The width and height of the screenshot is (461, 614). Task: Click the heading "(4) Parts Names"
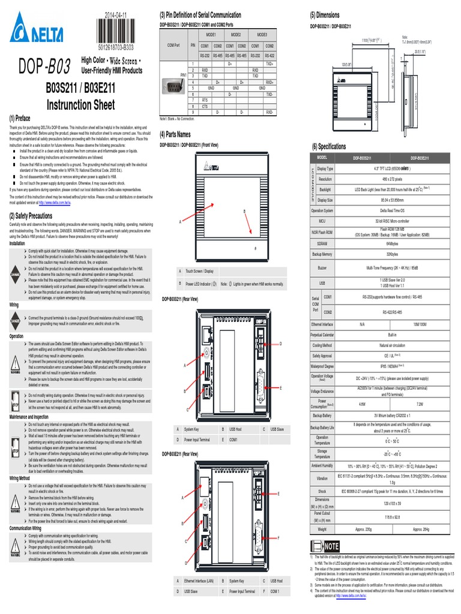(x=175, y=134)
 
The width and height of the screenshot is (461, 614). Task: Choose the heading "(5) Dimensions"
(x=325, y=15)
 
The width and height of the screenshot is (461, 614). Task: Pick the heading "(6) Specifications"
(x=328, y=146)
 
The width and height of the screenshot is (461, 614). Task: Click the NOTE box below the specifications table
(x=325, y=546)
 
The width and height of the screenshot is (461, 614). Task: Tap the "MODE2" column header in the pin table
(x=235, y=35)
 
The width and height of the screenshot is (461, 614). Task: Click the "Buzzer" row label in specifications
(x=322, y=267)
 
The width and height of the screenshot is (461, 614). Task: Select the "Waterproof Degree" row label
(x=322, y=365)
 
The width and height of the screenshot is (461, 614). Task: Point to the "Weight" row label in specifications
(x=322, y=529)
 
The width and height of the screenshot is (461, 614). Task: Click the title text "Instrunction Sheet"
(x=80, y=106)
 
